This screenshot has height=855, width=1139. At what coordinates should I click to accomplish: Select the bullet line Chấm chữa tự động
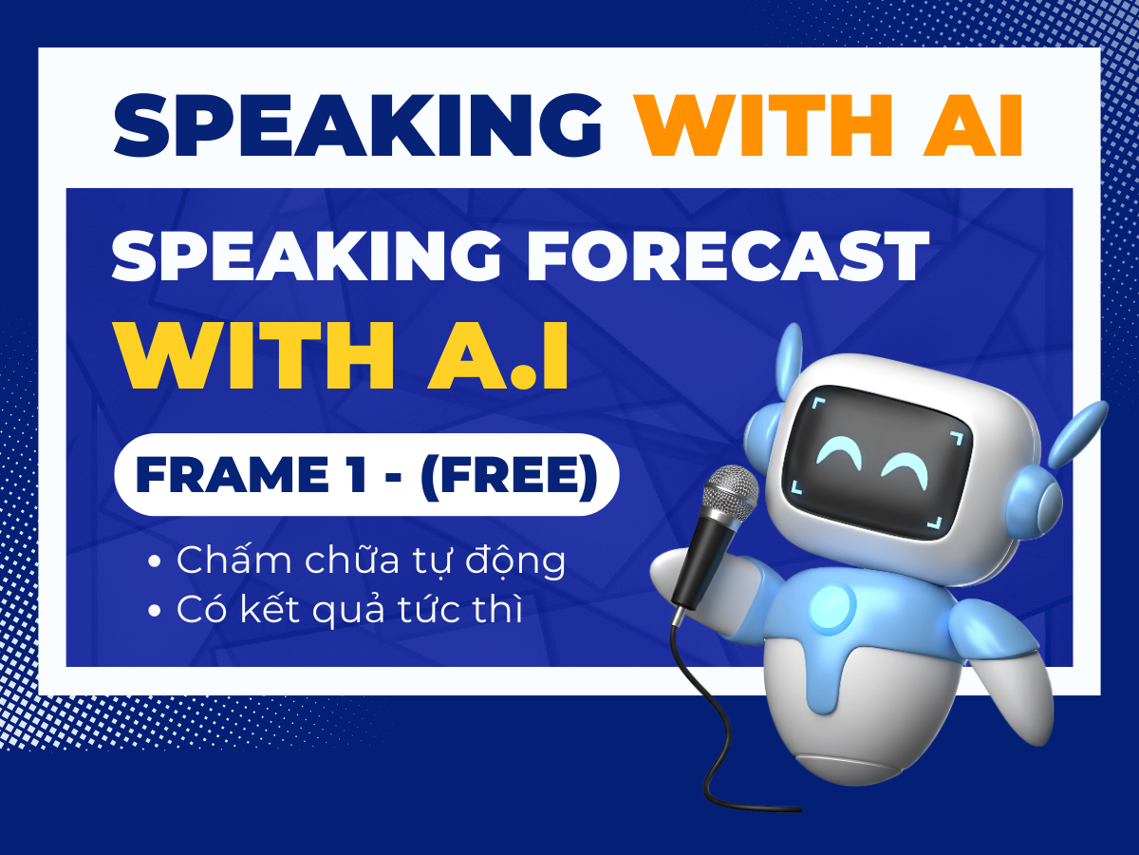pos(370,561)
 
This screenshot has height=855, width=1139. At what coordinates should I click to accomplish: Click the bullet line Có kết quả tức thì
pos(349,609)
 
